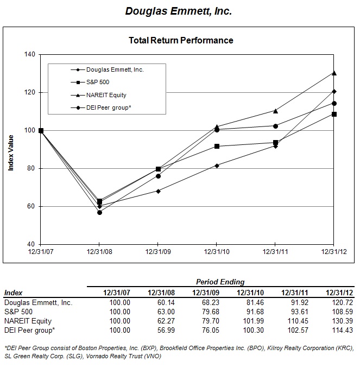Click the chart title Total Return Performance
181,40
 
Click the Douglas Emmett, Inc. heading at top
179,11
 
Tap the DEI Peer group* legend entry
109,107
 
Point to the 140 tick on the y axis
29,55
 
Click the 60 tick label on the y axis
31,207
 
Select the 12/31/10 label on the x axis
217,252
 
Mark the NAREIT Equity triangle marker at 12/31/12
334,73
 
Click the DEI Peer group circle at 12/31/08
99,212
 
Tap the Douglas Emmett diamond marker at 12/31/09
158,191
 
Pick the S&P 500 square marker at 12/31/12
334,114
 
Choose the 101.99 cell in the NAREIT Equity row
247,320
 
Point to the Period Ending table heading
220,282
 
